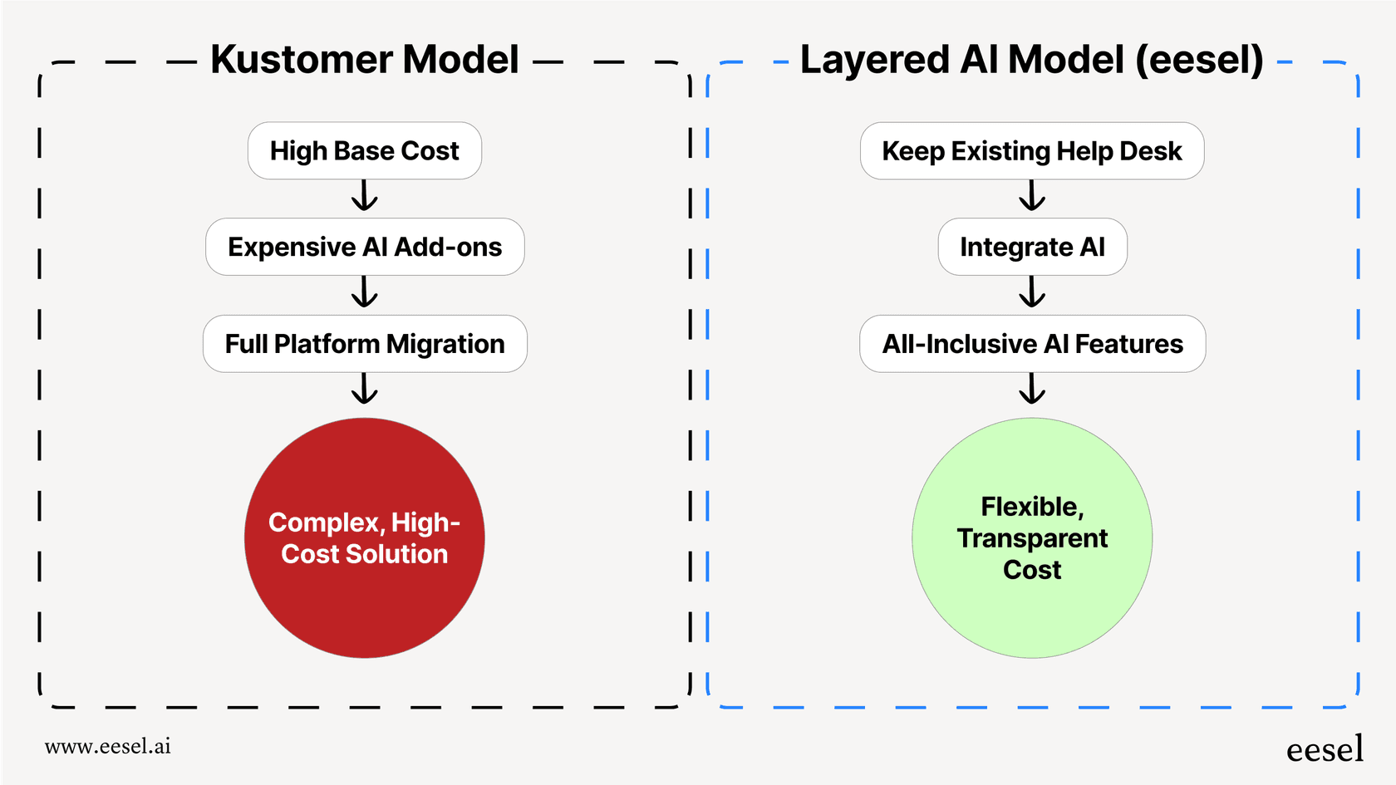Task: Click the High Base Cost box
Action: (364, 151)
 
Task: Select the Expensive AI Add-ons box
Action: (364, 248)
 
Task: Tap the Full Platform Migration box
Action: (364, 344)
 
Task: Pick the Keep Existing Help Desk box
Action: (1031, 151)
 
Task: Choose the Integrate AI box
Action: (1031, 248)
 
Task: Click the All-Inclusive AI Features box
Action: (1031, 344)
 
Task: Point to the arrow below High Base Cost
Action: (364, 196)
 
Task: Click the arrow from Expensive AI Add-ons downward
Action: (364, 292)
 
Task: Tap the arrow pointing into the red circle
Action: (364, 389)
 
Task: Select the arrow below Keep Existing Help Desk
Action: (1031, 196)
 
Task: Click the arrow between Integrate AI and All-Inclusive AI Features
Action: (1031, 292)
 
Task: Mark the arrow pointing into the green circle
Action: (1031, 389)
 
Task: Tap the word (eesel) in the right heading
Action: (1199, 60)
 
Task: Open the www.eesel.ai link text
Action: (108, 746)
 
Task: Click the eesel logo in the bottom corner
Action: (1325, 749)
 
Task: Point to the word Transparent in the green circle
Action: (1031, 538)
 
